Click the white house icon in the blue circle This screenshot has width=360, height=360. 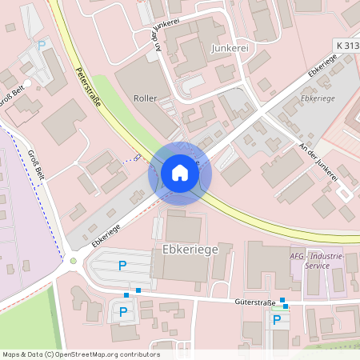coord(179,173)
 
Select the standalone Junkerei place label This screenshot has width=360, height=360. coord(230,48)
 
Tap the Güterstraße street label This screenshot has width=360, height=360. coord(256,302)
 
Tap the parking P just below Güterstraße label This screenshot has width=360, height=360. coord(277,320)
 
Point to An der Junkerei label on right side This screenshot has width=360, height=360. coord(318,160)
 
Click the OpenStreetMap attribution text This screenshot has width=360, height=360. coord(81,354)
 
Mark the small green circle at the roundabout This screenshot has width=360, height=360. coord(73,261)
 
